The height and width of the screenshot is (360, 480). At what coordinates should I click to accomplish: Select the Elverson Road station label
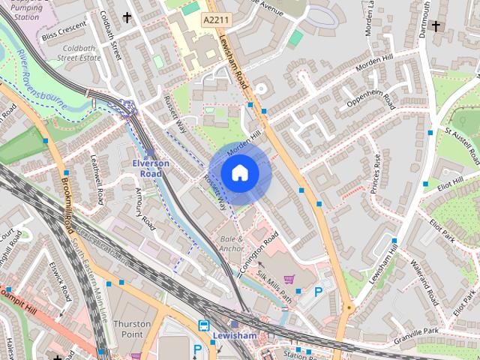click(x=151, y=168)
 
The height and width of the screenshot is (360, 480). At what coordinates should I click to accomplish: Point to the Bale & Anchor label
click(x=231, y=243)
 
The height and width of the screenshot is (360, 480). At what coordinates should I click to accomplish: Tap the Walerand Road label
click(x=424, y=280)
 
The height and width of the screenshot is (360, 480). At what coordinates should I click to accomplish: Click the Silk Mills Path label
click(x=274, y=286)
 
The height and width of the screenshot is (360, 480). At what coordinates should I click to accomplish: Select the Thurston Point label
click(x=132, y=328)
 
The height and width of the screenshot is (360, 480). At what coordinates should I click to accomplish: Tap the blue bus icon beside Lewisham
click(x=203, y=325)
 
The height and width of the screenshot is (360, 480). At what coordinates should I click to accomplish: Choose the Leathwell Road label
click(x=97, y=179)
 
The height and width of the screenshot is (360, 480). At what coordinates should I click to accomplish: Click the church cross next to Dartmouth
click(x=437, y=25)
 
